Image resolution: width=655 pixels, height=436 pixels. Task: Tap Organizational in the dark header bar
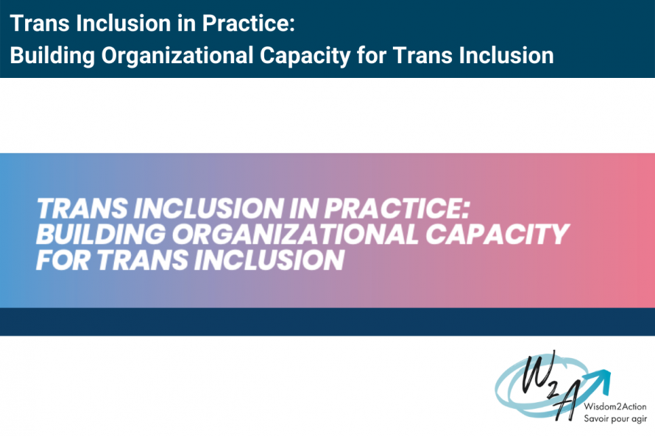pyautogui.click(x=157, y=55)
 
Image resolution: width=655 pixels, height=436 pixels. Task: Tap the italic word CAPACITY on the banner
pyautogui.click(x=497, y=235)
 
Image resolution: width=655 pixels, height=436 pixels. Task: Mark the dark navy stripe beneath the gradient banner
pyautogui.click(x=327, y=322)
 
